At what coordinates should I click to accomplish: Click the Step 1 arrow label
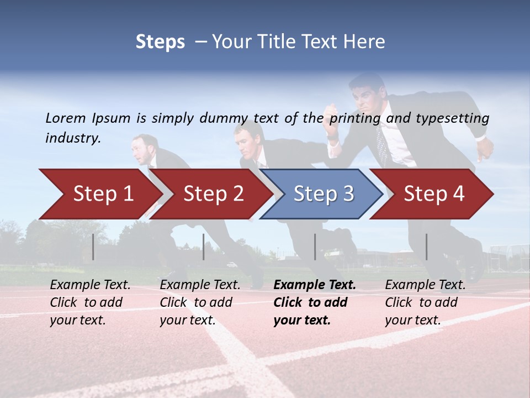click(103, 193)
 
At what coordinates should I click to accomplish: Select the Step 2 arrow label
click(214, 193)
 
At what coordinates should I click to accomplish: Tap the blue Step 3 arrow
click(324, 193)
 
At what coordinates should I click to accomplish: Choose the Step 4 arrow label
click(434, 193)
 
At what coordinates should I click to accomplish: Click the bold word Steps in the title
click(160, 42)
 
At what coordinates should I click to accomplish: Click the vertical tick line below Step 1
click(93, 247)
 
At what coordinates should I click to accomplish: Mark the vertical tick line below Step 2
click(204, 247)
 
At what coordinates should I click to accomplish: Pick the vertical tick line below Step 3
click(315, 247)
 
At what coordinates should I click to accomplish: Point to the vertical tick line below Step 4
click(427, 247)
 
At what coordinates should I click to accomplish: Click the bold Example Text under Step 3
click(315, 285)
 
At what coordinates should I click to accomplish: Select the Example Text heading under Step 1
click(90, 285)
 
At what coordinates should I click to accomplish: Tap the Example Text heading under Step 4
click(425, 285)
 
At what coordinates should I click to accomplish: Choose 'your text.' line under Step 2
click(187, 320)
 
